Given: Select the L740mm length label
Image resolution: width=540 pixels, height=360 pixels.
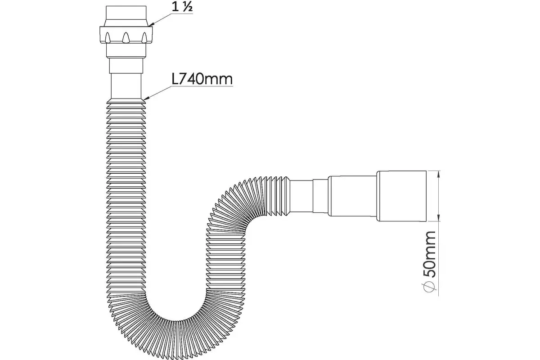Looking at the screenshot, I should point(202,79).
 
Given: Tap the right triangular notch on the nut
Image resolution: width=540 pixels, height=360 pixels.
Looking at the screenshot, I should point(144,36).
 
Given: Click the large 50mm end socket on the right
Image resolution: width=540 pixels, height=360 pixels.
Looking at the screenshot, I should point(400,196).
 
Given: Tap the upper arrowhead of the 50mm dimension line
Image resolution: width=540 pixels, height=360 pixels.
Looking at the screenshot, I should point(439,174).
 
